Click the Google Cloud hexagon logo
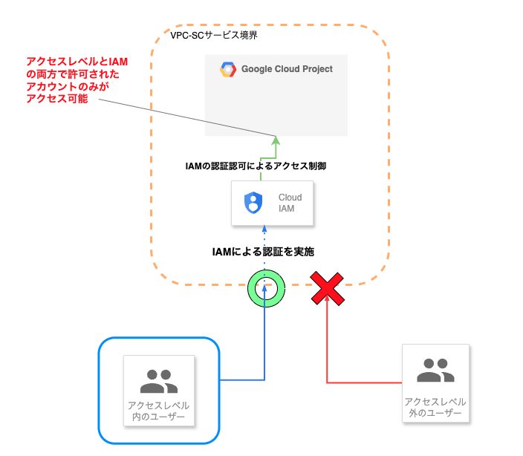(227, 70)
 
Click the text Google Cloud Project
(287, 69)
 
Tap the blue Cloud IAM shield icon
(253, 203)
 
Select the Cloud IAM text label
(290, 203)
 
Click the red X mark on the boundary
(327, 288)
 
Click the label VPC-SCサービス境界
(214, 35)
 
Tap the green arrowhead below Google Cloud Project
(276, 140)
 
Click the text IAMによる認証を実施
(264, 252)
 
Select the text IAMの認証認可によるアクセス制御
(256, 166)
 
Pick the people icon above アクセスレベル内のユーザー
(158, 381)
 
